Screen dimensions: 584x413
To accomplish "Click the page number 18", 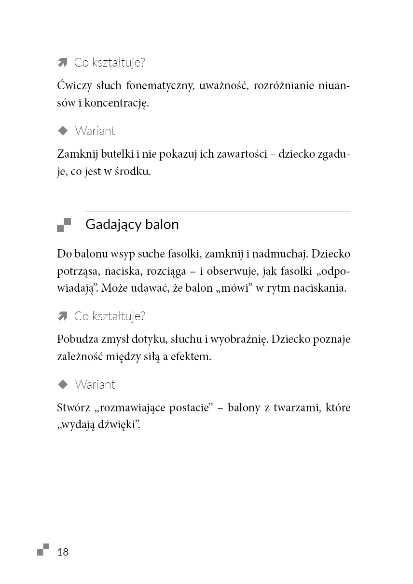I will [x=63, y=552].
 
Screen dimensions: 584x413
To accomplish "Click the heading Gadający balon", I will [x=132, y=225].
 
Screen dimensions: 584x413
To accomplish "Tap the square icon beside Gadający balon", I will [x=64, y=225].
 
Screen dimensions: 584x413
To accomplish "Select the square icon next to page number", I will [x=43, y=550].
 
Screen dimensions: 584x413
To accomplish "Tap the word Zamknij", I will [x=76, y=155].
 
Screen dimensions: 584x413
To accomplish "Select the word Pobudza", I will [x=75, y=340].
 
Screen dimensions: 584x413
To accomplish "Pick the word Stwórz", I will [x=73, y=408].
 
